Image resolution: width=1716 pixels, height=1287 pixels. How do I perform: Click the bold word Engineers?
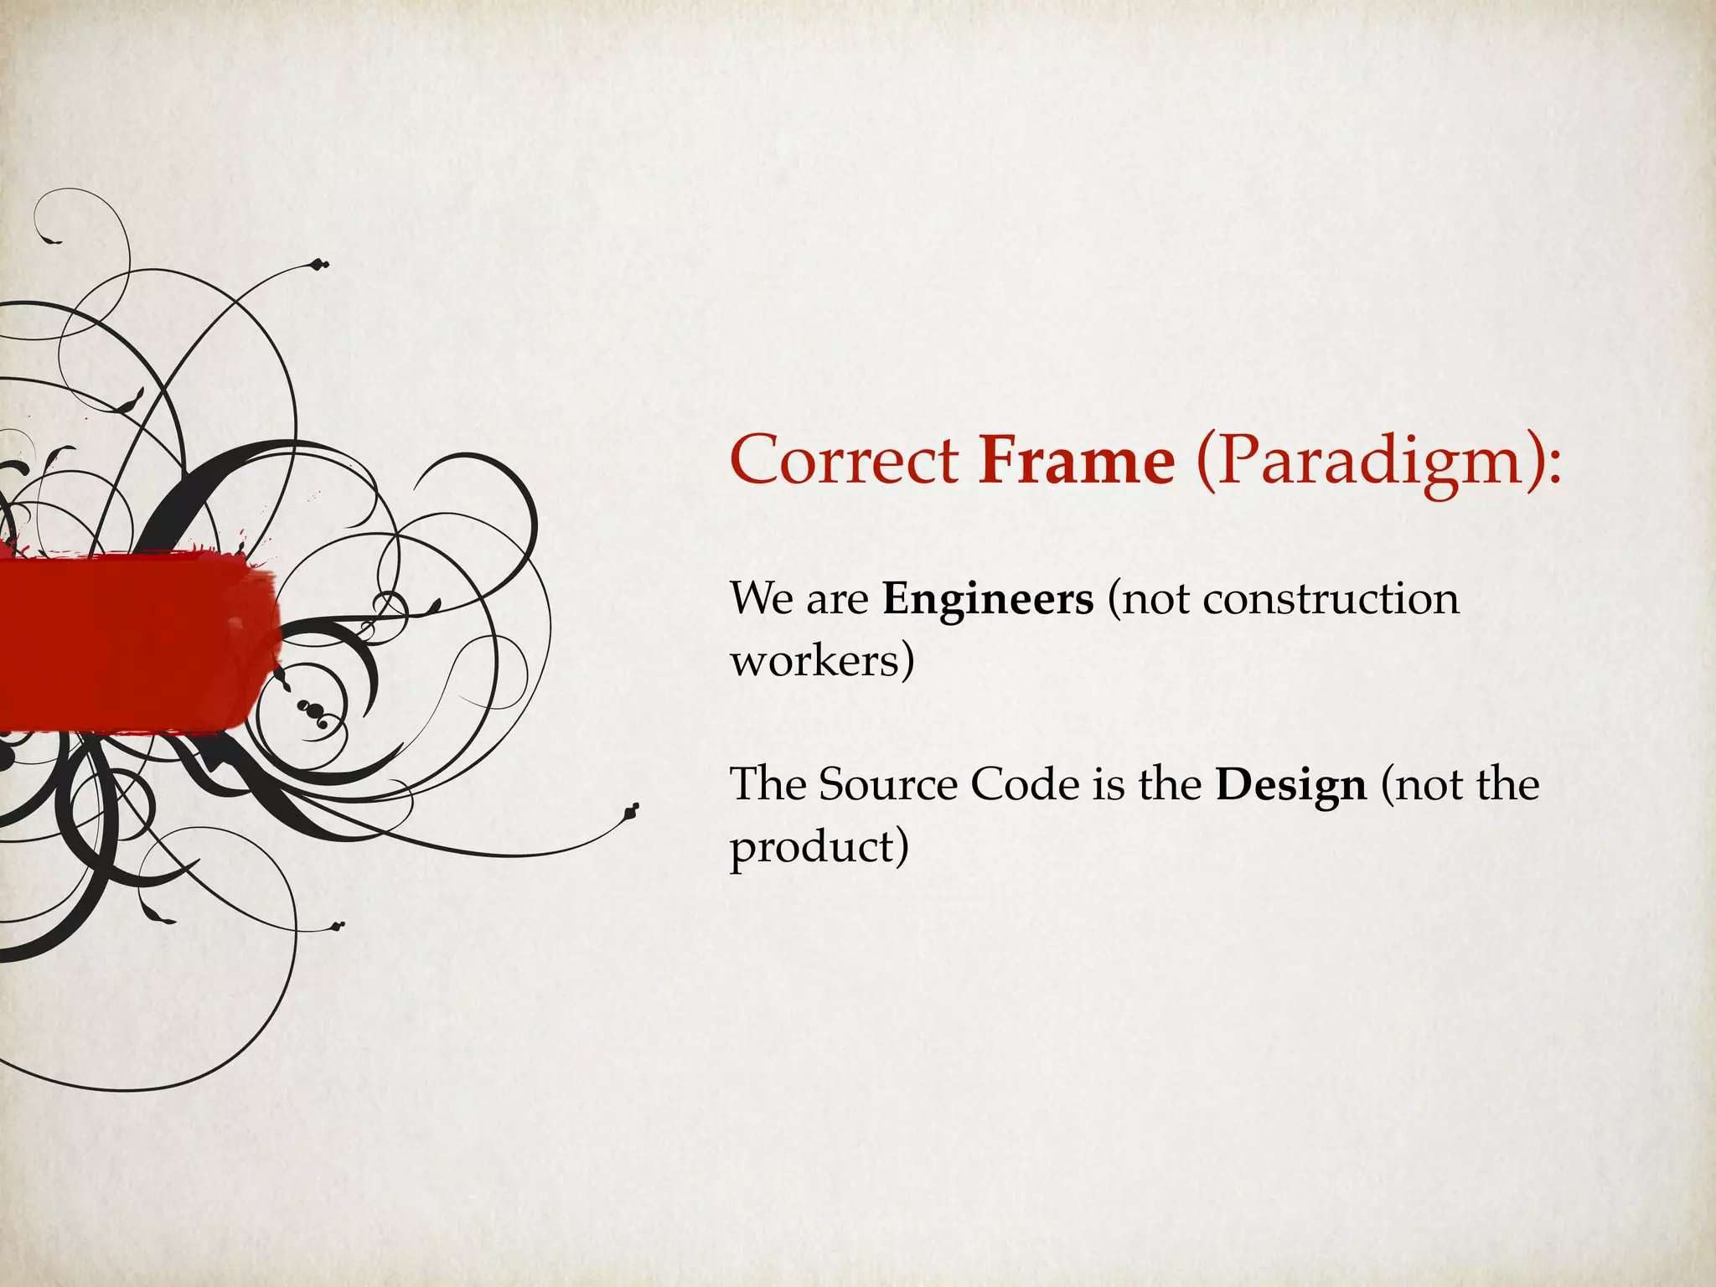988,600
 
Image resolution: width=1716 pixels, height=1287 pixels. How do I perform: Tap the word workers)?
821,662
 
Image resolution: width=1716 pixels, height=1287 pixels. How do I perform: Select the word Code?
1025,785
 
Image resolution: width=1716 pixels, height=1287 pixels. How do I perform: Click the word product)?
819,848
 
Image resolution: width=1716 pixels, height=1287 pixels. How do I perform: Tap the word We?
760,600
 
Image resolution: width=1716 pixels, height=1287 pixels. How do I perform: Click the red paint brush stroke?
134,642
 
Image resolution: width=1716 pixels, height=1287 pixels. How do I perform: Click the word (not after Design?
1421,785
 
